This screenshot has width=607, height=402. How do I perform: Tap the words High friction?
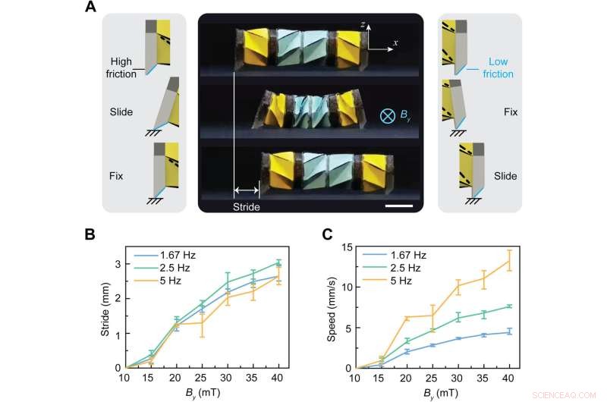(x=121, y=68)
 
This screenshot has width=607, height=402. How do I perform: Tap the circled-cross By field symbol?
(x=387, y=116)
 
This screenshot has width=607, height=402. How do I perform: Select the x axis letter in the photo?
(x=395, y=42)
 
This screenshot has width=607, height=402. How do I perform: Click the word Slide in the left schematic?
(x=121, y=111)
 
